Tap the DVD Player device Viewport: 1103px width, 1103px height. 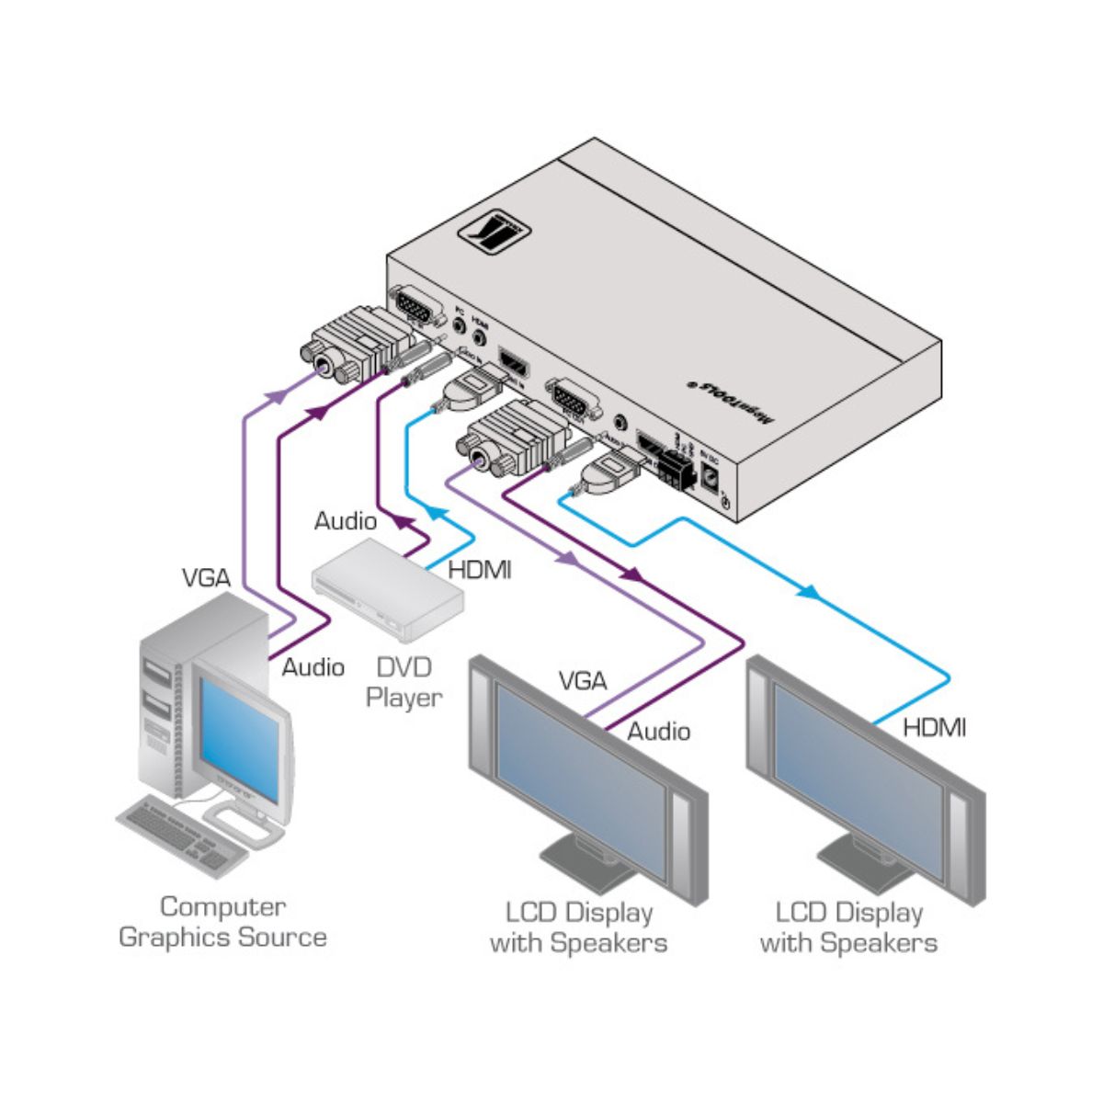(x=387, y=588)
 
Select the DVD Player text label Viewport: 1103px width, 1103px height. (x=404, y=681)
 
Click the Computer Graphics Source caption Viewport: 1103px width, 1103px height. (x=222, y=922)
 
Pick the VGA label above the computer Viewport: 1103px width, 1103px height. (x=206, y=578)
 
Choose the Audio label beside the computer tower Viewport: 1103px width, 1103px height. (x=313, y=667)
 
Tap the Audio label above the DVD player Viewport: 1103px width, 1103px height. (x=345, y=521)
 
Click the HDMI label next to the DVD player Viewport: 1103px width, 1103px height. (x=479, y=570)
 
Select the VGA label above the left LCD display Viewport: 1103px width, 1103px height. (x=583, y=681)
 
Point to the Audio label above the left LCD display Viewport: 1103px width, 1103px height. (x=658, y=732)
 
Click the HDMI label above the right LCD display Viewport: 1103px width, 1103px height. (x=934, y=728)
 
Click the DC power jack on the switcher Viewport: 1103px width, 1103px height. (x=710, y=476)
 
